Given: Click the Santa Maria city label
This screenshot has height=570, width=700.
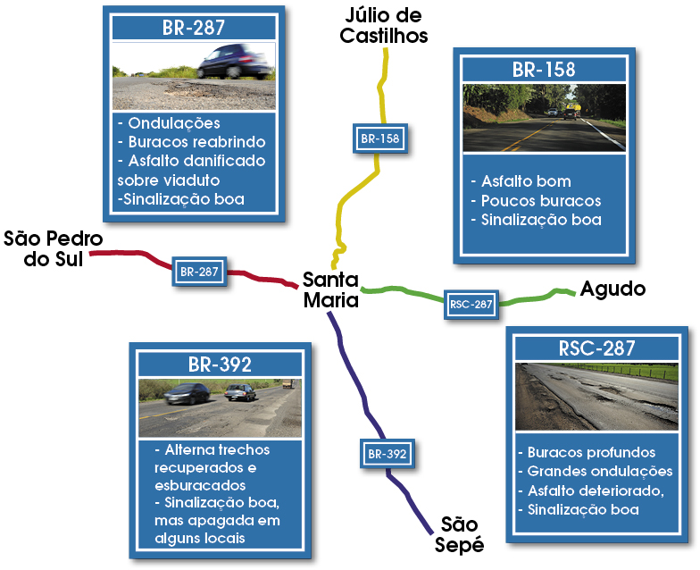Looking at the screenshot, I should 330,289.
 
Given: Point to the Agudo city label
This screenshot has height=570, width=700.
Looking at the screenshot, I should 612,289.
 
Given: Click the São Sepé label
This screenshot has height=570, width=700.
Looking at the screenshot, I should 460,534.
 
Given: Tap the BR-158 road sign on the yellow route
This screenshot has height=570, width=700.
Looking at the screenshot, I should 379,138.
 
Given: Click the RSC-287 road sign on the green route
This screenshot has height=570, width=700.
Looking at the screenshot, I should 471,304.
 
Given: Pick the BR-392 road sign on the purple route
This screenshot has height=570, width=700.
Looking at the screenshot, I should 387,454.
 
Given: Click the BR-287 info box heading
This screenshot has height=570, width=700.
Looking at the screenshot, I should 194,28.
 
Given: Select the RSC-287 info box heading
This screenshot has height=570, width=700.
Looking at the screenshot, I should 596,349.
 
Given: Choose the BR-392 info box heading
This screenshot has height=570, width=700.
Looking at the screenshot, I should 220,365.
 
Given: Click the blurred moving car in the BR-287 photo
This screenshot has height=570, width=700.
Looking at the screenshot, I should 234,61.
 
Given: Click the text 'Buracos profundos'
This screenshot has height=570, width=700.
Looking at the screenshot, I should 591,453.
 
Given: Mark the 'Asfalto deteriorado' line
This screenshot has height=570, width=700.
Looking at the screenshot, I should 592,491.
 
